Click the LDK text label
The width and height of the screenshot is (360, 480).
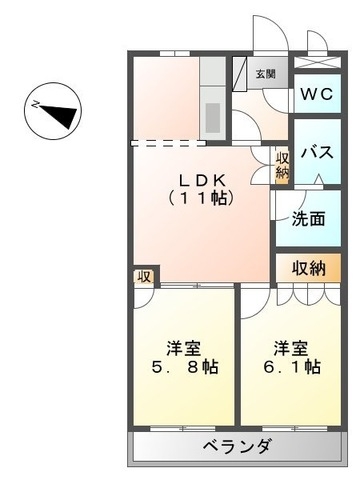(x=204, y=180)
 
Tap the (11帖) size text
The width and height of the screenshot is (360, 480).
(x=204, y=198)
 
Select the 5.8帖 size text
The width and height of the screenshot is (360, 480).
(x=186, y=367)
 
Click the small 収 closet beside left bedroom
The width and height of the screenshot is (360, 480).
(x=144, y=277)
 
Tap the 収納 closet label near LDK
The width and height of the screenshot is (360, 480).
(x=282, y=164)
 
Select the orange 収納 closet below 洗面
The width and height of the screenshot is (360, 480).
(x=309, y=267)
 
